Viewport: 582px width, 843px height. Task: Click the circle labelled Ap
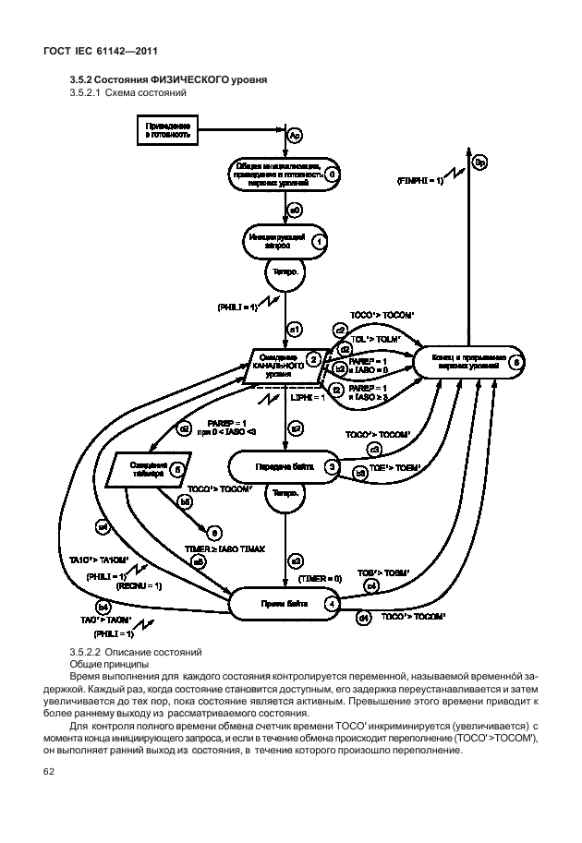[x=296, y=136]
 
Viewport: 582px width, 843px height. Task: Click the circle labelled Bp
[x=479, y=163]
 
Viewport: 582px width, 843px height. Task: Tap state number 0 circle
[x=332, y=173]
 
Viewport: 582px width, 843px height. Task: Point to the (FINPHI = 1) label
[x=419, y=182]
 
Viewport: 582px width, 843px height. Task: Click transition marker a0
[x=296, y=211]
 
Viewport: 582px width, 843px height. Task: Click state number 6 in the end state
[x=515, y=363]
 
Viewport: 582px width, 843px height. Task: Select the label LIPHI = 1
[x=309, y=397]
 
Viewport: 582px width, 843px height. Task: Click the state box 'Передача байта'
[x=282, y=468]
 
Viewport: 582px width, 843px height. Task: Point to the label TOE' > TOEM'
[x=395, y=468]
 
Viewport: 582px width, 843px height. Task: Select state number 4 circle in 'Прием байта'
[x=332, y=604]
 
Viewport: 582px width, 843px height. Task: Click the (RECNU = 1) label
[x=139, y=585]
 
